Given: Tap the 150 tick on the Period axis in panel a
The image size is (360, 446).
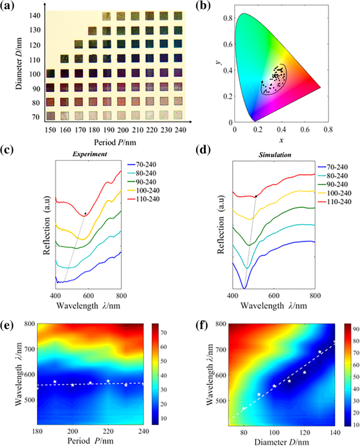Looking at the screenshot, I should tap(50, 129).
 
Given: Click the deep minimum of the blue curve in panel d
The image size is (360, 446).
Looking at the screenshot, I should tap(244, 288).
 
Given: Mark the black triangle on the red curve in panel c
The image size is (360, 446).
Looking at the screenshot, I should tap(85, 213).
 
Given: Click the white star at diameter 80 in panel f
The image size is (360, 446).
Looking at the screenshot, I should tap(244, 409).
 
